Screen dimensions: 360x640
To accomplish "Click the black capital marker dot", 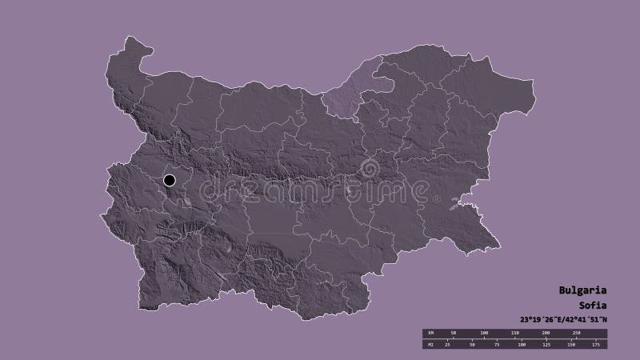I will [170, 181].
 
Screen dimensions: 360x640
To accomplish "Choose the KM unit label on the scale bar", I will [429, 331].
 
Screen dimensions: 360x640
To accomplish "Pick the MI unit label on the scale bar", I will [429, 344].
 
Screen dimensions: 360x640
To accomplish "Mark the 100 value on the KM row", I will [484, 331].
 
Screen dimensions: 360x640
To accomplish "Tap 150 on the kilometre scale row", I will [515, 331].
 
